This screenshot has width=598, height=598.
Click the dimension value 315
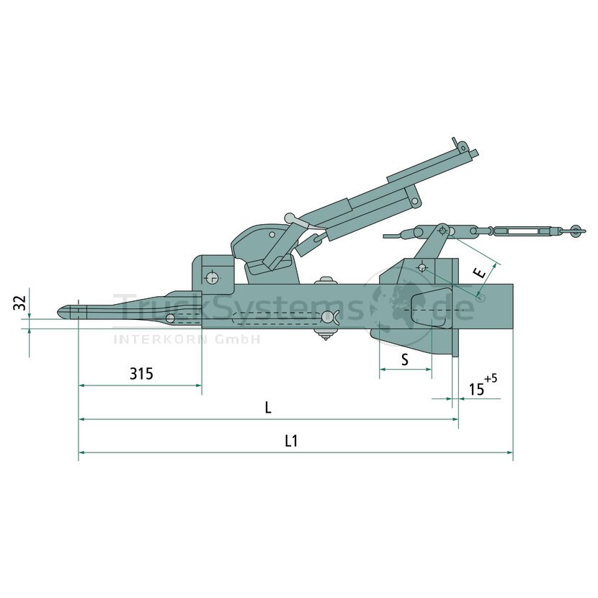coord(141,373)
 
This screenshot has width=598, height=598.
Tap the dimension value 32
coord(20,303)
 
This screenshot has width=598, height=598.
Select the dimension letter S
coord(405,360)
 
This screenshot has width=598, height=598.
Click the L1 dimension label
coord(291,441)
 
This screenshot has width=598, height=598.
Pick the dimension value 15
coord(476,389)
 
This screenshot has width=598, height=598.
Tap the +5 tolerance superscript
coord(491,379)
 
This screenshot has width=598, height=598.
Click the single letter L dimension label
coord(268,407)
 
